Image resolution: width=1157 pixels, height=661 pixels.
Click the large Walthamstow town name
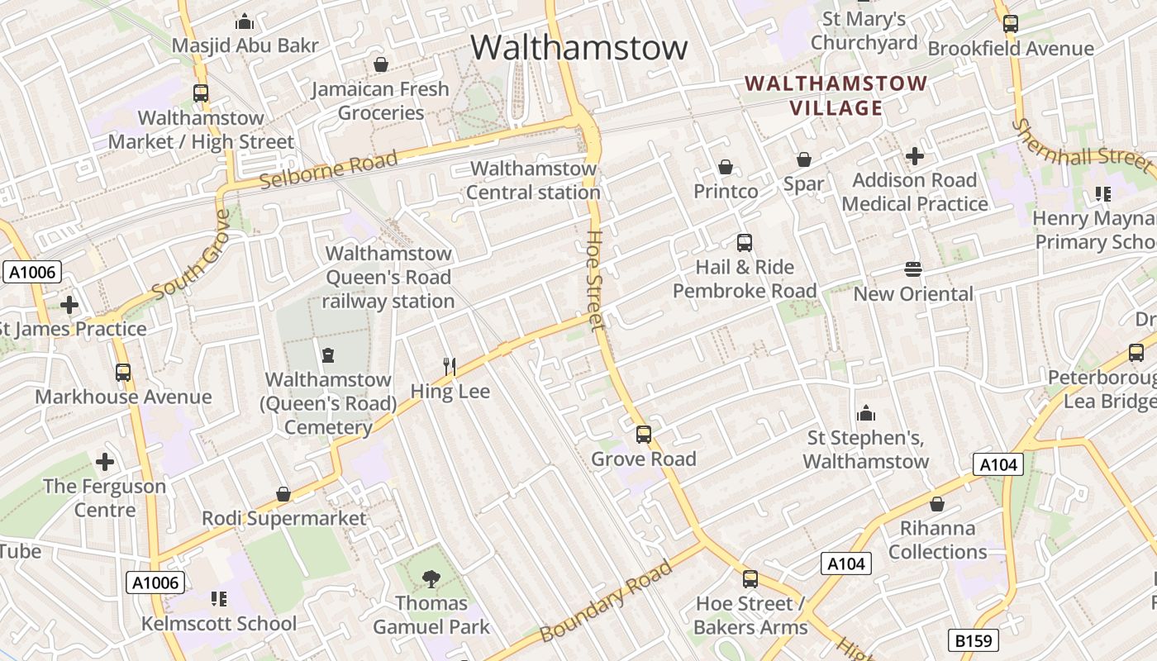(578, 47)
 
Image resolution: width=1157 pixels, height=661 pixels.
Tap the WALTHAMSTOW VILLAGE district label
(836, 96)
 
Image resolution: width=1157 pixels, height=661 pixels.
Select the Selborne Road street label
(329, 169)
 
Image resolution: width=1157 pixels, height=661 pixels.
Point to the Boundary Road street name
(607, 601)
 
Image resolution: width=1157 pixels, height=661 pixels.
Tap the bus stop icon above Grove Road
(643, 434)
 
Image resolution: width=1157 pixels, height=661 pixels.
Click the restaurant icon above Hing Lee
(450, 366)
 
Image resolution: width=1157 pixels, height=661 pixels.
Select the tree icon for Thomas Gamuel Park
(431, 578)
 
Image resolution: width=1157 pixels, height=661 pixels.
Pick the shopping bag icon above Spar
(803, 159)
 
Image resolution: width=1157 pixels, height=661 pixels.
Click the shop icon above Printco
(725, 167)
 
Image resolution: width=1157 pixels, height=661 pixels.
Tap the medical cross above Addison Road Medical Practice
(914, 155)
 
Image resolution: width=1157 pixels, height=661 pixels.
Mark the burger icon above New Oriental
(913, 269)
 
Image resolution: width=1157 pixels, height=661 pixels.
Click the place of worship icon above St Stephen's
(865, 412)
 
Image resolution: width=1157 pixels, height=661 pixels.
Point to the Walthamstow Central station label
(533, 180)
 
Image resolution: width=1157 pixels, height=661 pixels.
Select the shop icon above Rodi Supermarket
(283, 494)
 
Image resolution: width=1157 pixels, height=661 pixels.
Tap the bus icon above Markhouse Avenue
(123, 373)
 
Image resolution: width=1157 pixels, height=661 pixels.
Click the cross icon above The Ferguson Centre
(105, 461)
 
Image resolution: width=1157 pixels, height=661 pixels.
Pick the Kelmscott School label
(219, 623)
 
